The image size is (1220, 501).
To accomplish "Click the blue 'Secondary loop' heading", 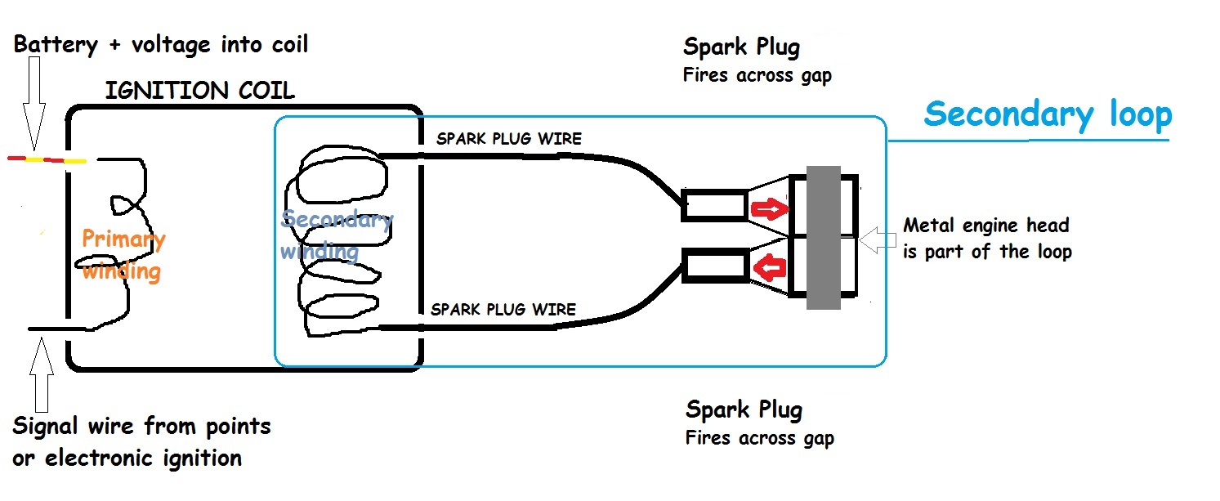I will pos(1048,114).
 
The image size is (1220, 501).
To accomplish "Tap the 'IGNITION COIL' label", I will pos(199,91).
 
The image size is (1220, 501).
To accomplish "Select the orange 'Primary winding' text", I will pos(123,254).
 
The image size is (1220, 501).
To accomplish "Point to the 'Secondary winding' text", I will pos(335,235).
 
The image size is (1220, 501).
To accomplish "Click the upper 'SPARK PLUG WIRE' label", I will pos(508,139).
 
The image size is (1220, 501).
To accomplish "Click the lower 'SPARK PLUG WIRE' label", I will pos(503,309).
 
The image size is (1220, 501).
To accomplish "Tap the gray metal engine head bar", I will pos(823,237).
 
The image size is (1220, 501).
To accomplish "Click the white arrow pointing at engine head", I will pos(879,238).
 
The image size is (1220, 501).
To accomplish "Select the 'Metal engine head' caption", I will pos(985,237).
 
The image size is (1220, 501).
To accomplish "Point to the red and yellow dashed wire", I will pos(47,159).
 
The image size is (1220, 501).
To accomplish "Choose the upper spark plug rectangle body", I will pos(713,206).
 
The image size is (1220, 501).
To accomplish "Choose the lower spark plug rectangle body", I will pos(713,266).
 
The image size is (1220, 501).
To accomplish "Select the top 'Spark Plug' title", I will pos(740,47).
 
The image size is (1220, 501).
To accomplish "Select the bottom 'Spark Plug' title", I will pos(744,409).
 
